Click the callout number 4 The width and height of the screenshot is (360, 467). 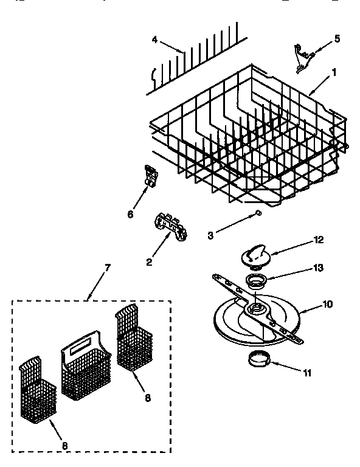[x=155, y=41]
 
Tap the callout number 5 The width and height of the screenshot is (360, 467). [x=337, y=40]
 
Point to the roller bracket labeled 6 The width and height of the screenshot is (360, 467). [x=150, y=175]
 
